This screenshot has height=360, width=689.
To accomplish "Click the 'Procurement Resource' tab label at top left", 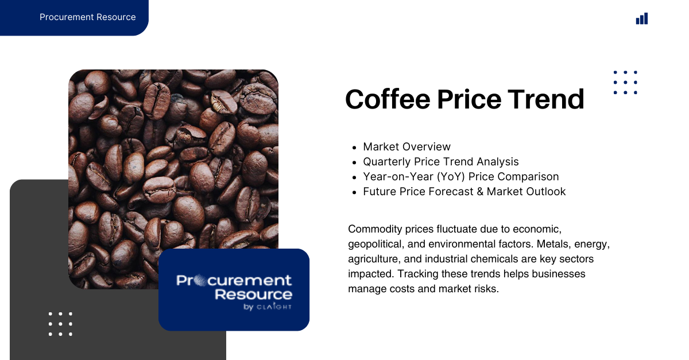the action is (x=88, y=17).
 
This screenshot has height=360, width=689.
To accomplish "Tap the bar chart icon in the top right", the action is (x=642, y=18).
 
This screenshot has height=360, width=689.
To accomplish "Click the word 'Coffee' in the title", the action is (x=388, y=99).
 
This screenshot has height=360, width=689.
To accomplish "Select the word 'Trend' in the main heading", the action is (x=545, y=99).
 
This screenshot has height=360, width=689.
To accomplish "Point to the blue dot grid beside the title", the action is (x=625, y=83).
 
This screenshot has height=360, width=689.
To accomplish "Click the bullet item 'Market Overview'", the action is (x=407, y=147).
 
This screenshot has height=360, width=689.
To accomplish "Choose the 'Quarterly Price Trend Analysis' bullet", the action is (x=441, y=161).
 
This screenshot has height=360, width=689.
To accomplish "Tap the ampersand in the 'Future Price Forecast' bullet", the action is (x=480, y=191).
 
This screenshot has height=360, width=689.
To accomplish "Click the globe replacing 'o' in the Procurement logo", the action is (x=201, y=281).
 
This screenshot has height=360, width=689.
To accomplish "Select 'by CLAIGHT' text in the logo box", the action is (x=268, y=307).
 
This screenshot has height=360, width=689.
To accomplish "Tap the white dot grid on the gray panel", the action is (x=60, y=324).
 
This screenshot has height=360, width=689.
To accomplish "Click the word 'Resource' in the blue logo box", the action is (x=253, y=295).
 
